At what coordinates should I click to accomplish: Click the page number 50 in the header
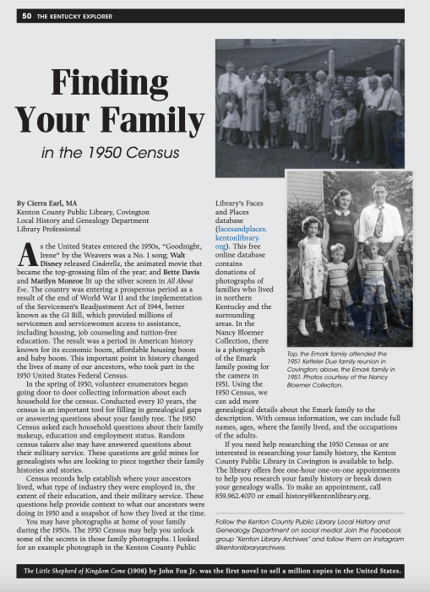pos(27,15)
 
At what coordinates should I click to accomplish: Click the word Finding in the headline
pos(106,84)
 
